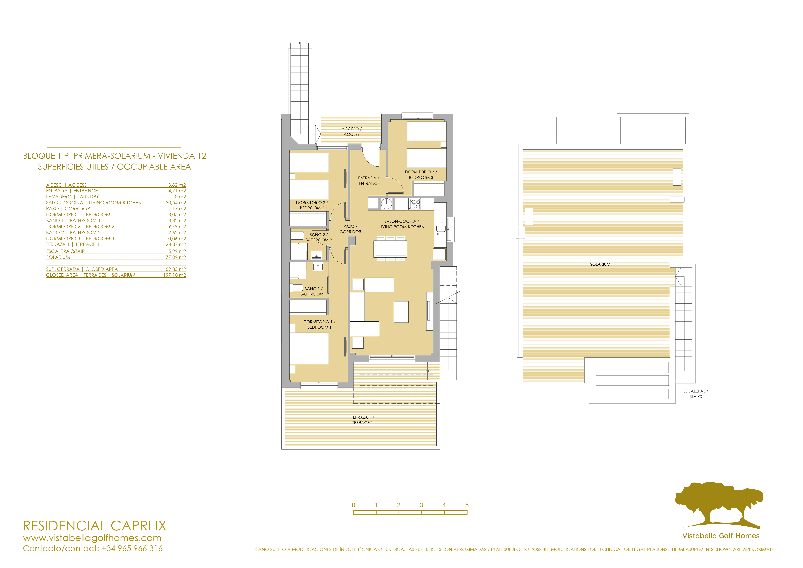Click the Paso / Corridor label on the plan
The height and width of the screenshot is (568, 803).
[x=350, y=229]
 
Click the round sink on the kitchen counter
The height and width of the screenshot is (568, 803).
[x=387, y=204]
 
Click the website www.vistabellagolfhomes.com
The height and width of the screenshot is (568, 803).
[x=92, y=538]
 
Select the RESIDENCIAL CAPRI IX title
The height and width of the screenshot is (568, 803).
[x=94, y=526]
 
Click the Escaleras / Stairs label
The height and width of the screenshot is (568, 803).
[x=696, y=394]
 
